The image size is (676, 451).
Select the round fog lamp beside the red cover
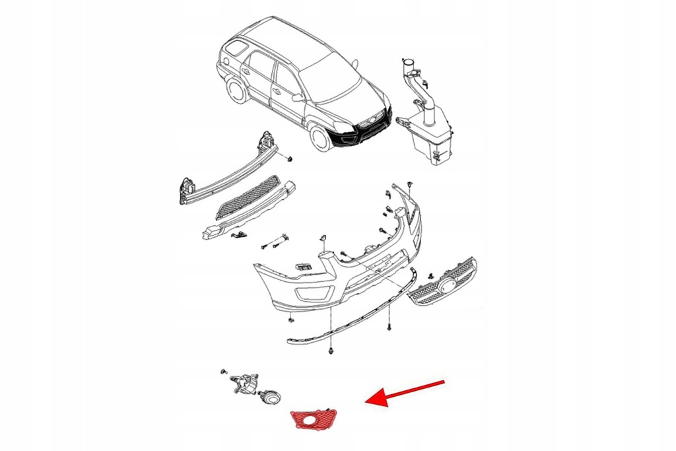pos(271,398)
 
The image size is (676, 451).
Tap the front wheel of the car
pos(321,139)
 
